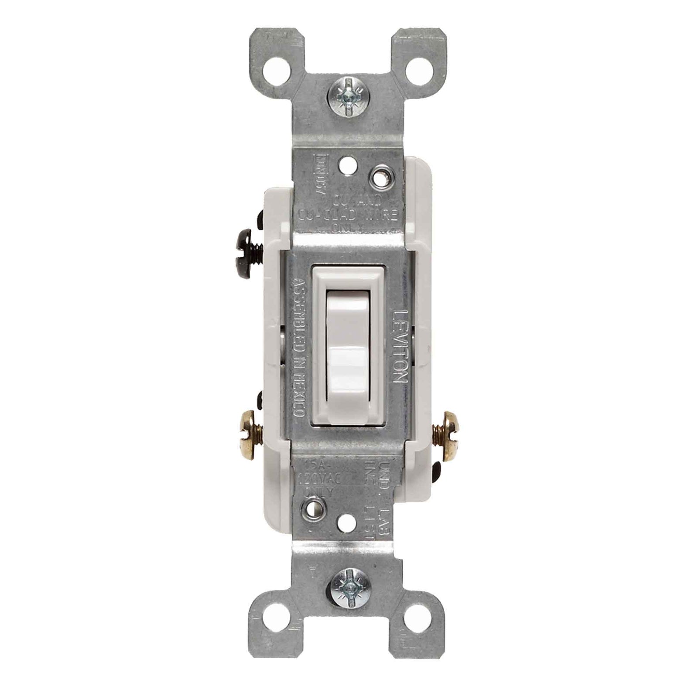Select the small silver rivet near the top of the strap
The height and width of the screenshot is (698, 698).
(383, 178)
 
